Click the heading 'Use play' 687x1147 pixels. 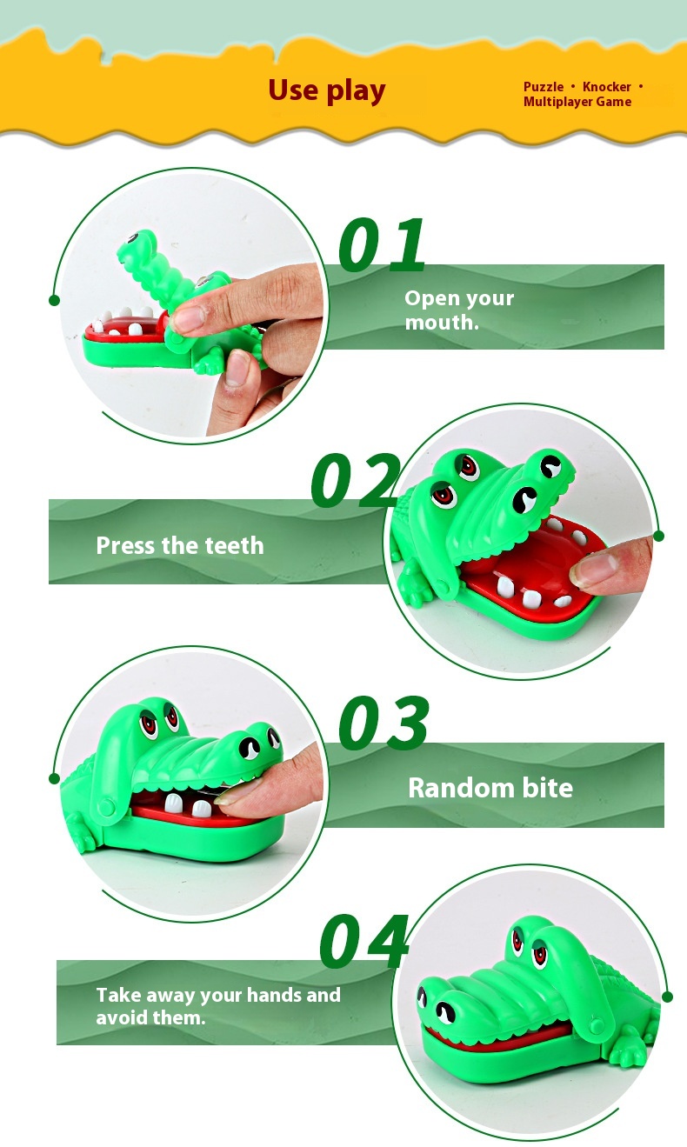point(327,91)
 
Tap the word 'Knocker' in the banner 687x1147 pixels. point(607,87)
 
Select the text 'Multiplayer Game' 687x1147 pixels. point(577,102)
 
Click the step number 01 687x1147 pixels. point(382,244)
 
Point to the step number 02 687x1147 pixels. point(356,480)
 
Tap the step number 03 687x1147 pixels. point(384,723)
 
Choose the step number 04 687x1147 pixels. point(364,941)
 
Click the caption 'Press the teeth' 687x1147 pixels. point(180,545)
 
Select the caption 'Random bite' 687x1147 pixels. point(490,788)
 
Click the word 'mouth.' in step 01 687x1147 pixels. point(442,322)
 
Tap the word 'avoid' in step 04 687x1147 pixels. point(123,1017)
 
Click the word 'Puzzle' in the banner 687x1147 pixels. point(544,87)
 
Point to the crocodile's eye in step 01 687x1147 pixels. point(134,238)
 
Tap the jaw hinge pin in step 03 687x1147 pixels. point(106,808)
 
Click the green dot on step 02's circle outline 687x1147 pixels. point(659,537)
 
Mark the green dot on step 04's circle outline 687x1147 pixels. point(667,997)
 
